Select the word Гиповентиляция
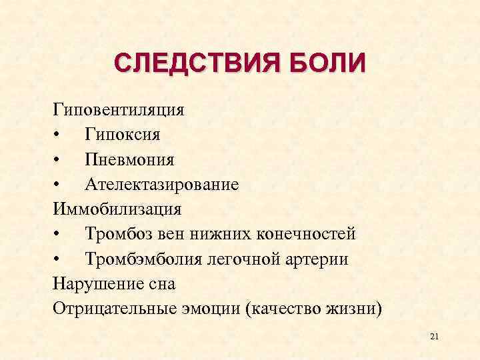(119, 109)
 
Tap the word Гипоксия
(123, 135)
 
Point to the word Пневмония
(129, 159)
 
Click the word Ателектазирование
(161, 184)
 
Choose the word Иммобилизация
(117, 209)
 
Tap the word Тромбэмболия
(135, 259)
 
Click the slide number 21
(435, 338)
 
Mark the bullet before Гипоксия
(59, 135)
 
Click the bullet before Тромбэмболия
(59, 259)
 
